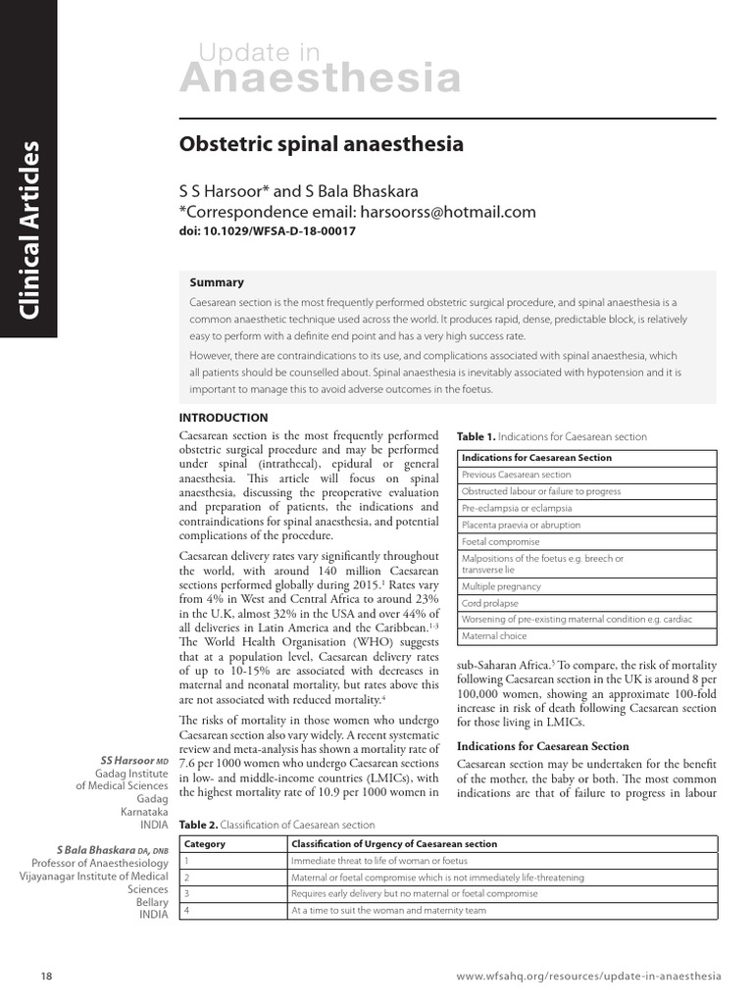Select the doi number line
pyautogui.click(x=267, y=232)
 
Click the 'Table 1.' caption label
pyautogui.click(x=477, y=436)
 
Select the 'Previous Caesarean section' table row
pyautogui.click(x=516, y=475)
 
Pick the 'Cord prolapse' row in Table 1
pyautogui.click(x=490, y=603)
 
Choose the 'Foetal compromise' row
pyautogui.click(x=500, y=541)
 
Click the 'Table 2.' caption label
pyautogui.click(x=199, y=826)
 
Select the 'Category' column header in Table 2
pyautogui.click(x=205, y=844)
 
